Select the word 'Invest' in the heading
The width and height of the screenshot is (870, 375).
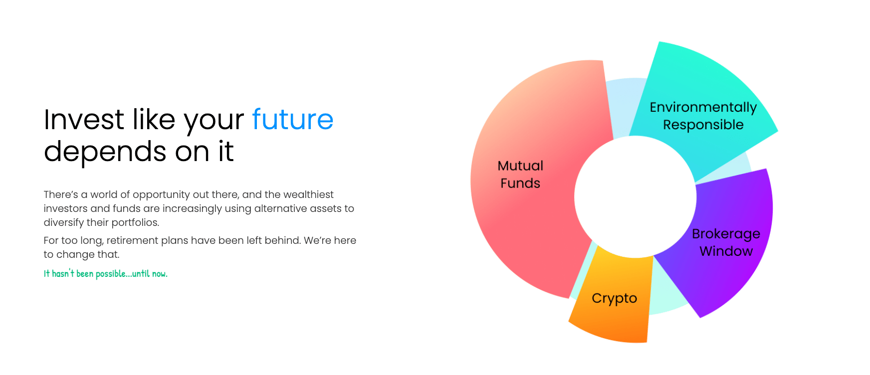point(84,120)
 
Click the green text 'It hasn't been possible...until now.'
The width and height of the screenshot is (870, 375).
point(106,273)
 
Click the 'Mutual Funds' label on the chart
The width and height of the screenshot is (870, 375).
point(520,175)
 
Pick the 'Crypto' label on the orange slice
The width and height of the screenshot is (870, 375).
point(614,298)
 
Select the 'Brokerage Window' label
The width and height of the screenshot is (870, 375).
point(726,242)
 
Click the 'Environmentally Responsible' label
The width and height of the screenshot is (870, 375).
point(703,116)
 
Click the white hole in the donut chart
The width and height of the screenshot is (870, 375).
point(635,197)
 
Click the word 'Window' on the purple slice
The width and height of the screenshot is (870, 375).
point(726,251)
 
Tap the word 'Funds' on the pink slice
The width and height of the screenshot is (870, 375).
point(520,183)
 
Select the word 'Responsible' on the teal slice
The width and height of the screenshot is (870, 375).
point(703,125)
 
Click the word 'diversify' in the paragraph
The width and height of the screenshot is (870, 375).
point(62,222)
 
